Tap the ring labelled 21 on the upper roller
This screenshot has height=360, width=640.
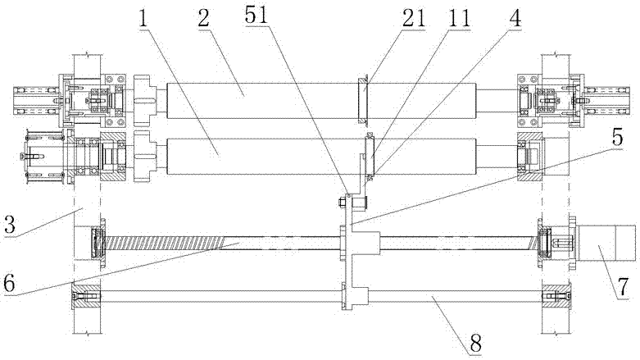tap(362, 100)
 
